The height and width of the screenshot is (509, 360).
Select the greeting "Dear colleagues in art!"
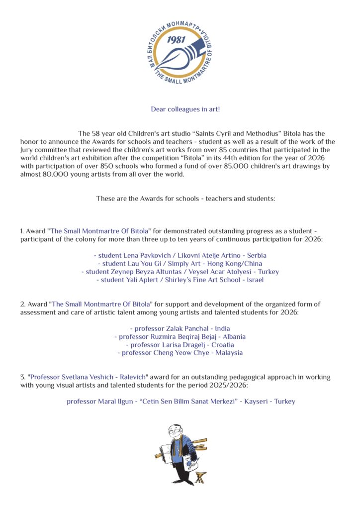[185, 109]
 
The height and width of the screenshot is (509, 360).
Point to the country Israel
[255, 280]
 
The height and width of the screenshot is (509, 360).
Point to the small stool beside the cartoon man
[201, 477]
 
